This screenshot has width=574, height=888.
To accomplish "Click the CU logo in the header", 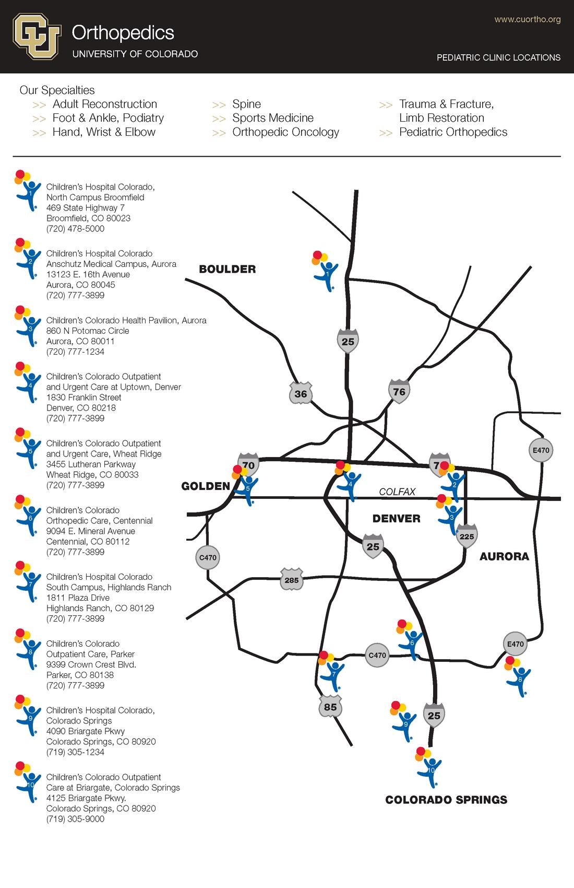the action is (37, 36).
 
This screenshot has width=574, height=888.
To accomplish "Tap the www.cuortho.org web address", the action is (527, 20).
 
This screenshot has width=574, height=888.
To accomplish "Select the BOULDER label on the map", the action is (228, 270).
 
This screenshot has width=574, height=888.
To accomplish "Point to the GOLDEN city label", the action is (206, 486).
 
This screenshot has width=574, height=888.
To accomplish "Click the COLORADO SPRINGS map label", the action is (446, 800).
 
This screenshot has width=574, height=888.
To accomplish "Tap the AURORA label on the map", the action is (504, 556).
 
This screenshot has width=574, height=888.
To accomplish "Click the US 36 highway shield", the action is (301, 393).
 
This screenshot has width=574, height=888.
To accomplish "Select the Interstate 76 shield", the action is (399, 391).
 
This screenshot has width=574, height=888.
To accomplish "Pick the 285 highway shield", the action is (292, 579).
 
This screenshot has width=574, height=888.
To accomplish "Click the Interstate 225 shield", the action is (467, 536).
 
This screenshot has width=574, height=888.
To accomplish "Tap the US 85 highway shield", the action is (330, 707).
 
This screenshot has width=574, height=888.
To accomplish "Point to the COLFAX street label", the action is (397, 492).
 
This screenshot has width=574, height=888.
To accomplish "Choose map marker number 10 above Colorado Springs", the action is (429, 767).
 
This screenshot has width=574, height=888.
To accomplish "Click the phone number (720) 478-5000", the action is (75, 229).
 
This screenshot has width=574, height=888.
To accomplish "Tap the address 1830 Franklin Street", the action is (83, 398).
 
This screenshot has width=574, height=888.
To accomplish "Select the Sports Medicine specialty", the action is (273, 118).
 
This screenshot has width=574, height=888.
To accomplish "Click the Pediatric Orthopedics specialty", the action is (453, 132).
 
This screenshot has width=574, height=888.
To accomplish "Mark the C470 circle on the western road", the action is (208, 557).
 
